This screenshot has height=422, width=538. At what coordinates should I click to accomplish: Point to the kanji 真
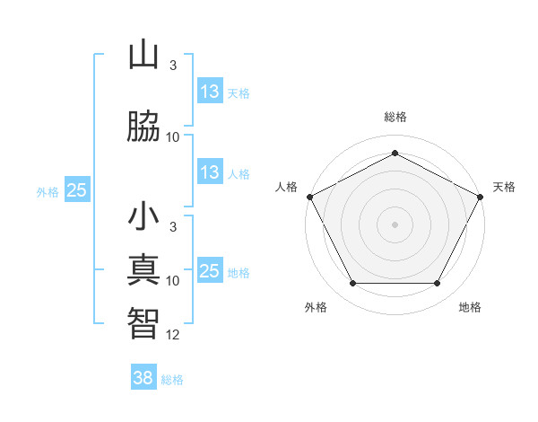[x=143, y=271]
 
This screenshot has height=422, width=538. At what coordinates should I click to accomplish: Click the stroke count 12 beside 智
[x=173, y=334]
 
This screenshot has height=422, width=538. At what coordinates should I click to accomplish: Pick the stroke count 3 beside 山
[x=173, y=66]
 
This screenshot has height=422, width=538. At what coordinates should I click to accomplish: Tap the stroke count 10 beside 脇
[x=173, y=136]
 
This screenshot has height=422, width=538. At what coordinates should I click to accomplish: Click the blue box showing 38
[x=143, y=378]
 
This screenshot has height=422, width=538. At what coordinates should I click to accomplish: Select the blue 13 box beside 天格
[x=210, y=92]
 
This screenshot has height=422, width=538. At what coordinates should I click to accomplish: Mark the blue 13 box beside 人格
[x=210, y=172]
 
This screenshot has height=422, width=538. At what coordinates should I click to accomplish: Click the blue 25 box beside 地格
[x=210, y=271]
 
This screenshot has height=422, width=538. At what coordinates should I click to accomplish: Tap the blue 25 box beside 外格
[x=77, y=190]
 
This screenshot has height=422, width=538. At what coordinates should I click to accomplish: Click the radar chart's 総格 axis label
[x=395, y=117]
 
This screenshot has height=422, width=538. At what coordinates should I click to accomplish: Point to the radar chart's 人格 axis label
[x=287, y=187]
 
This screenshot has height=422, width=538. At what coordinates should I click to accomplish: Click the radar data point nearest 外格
[x=351, y=284]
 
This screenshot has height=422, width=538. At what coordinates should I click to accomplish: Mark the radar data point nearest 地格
[x=438, y=284]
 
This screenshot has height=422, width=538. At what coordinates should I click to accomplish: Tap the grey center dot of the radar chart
[x=395, y=224]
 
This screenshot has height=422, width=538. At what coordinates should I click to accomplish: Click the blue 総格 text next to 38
[x=172, y=379]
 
